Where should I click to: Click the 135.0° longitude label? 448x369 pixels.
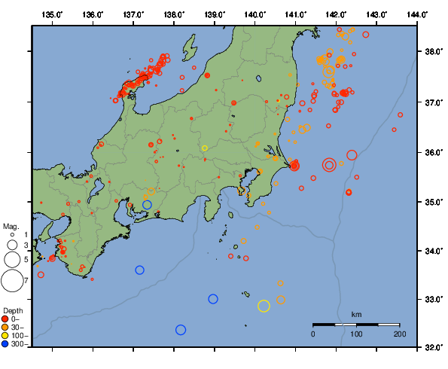point(52,14)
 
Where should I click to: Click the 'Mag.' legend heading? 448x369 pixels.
point(10,226)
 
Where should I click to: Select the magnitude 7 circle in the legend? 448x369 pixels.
point(11,281)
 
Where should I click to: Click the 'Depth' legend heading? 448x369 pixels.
point(12,310)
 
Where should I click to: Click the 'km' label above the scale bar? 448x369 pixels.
point(356,314)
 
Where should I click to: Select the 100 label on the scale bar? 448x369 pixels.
point(356,334)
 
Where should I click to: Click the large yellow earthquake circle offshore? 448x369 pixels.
point(264,305)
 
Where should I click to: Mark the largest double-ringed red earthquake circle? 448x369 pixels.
point(329,165)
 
